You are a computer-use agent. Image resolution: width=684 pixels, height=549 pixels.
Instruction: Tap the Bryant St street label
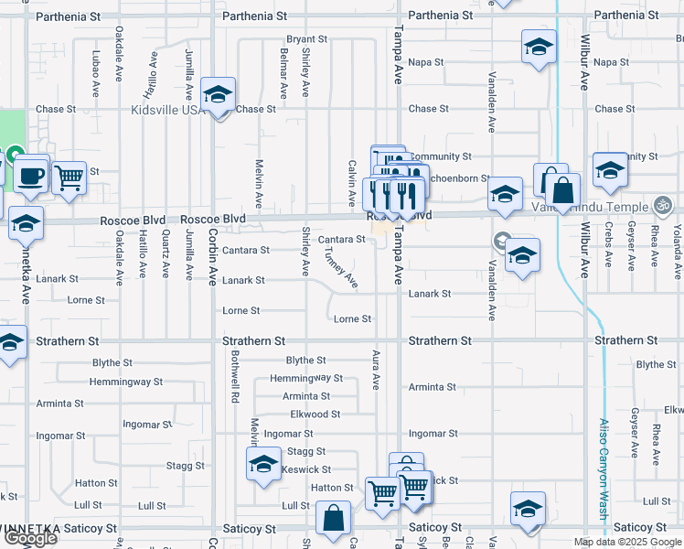pos(306,39)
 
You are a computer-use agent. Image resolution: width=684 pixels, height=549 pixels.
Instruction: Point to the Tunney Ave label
pos(340,270)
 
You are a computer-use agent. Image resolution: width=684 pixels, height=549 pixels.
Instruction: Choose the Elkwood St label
pos(315,414)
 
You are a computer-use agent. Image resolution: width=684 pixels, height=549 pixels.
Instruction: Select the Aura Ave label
pos(375,370)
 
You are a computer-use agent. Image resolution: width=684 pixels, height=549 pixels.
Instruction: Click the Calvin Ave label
pos(351,182)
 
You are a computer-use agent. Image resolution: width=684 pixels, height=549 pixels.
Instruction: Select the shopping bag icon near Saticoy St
pos(334,518)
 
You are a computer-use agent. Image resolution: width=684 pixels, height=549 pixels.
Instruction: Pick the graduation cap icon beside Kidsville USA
pos(219,94)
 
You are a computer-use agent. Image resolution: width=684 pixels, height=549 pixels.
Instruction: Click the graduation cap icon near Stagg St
pos(263,465)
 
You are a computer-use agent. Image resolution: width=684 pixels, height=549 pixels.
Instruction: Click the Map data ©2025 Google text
pos(627,542)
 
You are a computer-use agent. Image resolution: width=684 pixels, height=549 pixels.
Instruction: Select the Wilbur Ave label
pos(583,62)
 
